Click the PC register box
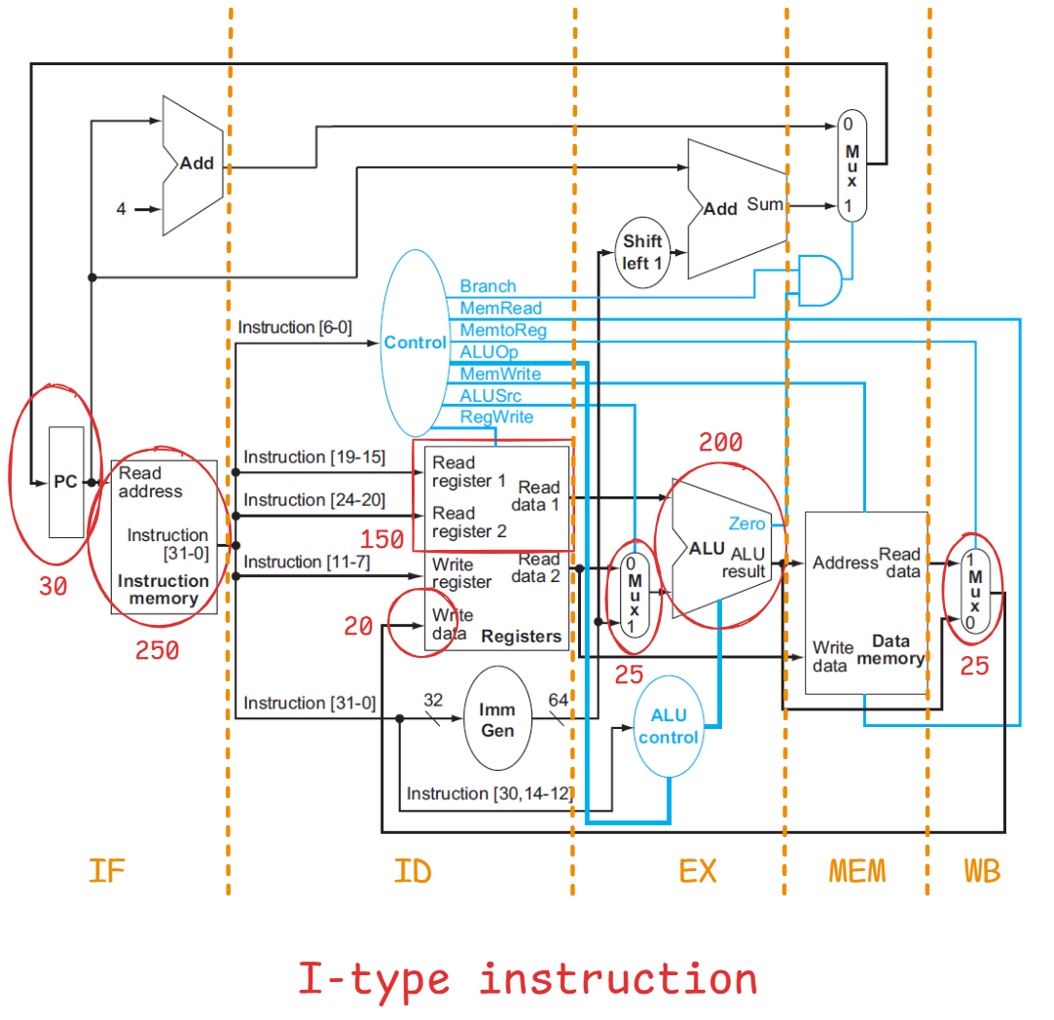coord(66,482)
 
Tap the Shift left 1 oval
coord(642,252)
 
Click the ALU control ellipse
coord(669,726)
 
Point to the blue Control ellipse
coord(415,343)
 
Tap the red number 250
coord(158,651)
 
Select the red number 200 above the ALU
coord(720,444)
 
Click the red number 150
coord(382,540)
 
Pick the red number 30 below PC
coord(53,587)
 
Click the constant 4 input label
coord(121,208)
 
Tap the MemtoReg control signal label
coord(503,330)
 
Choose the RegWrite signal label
coord(496,417)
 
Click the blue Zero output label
coord(746,524)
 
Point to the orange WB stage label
coord(982,870)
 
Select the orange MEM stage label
coord(857,870)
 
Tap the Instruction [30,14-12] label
coord(489,793)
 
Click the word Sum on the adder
coord(765,204)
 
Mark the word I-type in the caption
coord(375,978)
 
